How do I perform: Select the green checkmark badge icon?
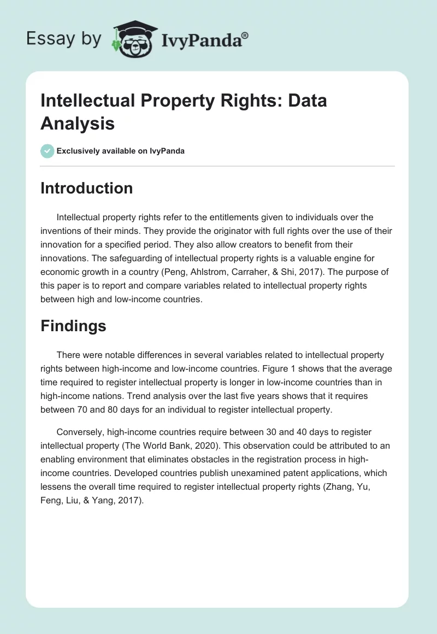[47, 151]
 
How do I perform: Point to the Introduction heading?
[86, 188]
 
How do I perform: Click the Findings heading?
[73, 326]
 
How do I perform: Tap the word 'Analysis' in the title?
[78, 123]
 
